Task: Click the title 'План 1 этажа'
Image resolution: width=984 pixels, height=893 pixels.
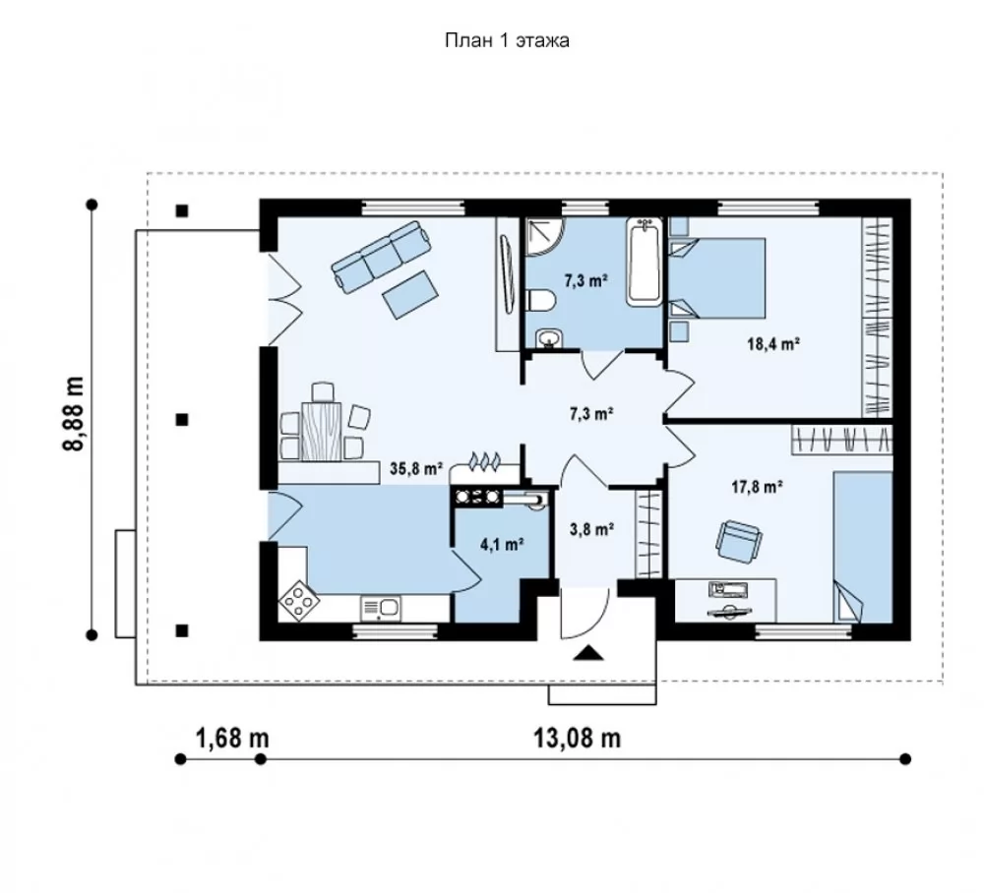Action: tap(507, 40)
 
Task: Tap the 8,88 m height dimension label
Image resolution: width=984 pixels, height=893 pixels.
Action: tap(73, 414)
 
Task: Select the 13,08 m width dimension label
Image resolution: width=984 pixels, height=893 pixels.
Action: tap(578, 738)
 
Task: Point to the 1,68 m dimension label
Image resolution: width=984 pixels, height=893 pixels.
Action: tap(233, 738)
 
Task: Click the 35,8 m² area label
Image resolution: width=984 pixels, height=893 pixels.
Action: tap(416, 468)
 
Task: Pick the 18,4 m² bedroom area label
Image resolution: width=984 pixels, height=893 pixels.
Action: tap(773, 343)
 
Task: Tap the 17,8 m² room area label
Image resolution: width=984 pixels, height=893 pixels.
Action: tap(757, 486)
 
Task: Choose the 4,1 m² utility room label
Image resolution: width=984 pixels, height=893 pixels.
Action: tap(502, 544)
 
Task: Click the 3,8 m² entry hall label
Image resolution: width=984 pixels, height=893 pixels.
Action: tap(591, 529)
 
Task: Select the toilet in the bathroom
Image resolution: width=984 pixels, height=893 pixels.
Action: tap(540, 300)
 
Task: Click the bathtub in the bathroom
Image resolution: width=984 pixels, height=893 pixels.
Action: tap(645, 262)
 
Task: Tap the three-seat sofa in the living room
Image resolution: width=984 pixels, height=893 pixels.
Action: tap(381, 256)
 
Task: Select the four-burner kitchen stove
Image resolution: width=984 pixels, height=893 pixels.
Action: tap(299, 601)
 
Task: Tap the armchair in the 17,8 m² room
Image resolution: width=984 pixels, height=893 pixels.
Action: tap(740, 541)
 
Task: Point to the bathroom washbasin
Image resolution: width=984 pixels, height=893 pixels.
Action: tap(550, 339)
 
